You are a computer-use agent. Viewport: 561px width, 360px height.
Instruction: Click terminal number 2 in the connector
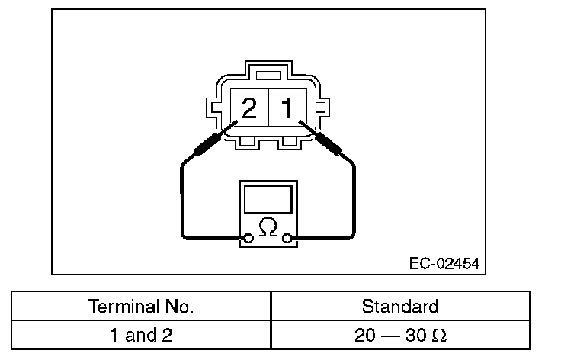click(248, 108)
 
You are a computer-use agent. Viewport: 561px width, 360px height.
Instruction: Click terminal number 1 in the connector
click(287, 108)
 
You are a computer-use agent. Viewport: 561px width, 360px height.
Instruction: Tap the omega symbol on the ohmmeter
click(268, 227)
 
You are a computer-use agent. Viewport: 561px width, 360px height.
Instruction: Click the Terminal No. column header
click(141, 307)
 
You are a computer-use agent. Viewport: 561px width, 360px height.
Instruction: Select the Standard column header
click(400, 307)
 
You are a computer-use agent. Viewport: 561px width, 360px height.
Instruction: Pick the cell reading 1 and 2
click(141, 335)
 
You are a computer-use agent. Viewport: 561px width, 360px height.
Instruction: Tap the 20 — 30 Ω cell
click(400, 335)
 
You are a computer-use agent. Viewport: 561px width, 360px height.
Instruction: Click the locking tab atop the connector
click(268, 76)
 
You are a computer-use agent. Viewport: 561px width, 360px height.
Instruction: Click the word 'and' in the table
click(141, 335)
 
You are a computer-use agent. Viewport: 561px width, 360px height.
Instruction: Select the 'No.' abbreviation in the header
click(179, 307)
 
